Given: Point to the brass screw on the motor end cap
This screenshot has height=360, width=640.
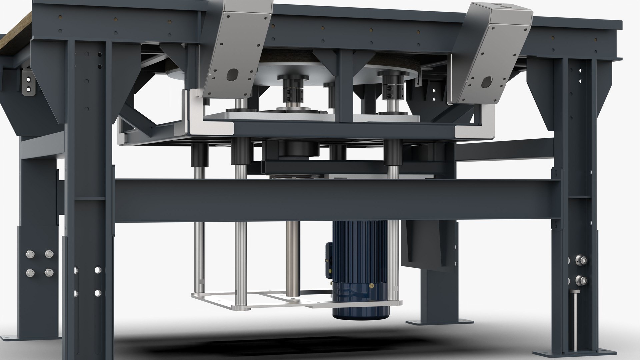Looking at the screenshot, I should pyautogui.click(x=372, y=286).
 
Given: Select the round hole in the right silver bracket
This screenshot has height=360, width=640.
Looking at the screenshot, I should pyautogui.click(x=487, y=80).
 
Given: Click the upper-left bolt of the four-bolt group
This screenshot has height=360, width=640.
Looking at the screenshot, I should pyautogui.click(x=29, y=255).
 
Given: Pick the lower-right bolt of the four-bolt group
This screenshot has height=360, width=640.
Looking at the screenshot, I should pyautogui.click(x=49, y=273).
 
